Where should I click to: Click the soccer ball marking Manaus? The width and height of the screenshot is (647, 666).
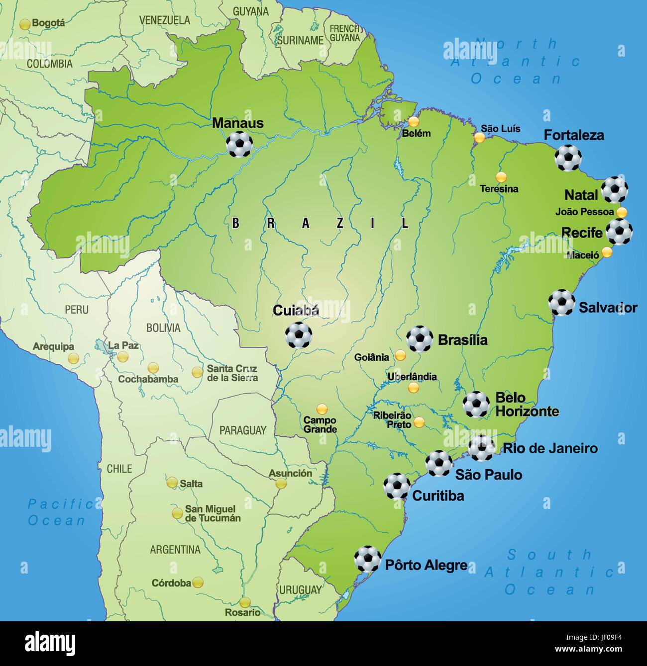(x=239, y=144)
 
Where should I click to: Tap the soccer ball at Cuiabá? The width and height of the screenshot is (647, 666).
(x=299, y=335)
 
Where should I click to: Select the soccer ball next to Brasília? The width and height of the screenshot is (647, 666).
(x=420, y=339)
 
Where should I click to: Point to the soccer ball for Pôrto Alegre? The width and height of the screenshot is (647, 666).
(x=368, y=559)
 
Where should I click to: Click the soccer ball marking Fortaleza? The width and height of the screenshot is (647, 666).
(x=568, y=158)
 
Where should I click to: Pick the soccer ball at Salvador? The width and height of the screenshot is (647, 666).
(x=562, y=303)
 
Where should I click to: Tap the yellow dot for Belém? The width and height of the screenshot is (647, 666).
(x=414, y=122)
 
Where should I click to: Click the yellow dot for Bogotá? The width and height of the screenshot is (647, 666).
(x=25, y=24)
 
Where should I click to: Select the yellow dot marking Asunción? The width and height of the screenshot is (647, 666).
(x=281, y=483)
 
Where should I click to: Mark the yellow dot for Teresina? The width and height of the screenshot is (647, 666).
(x=501, y=177)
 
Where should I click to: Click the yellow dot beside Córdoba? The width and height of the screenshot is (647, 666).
(x=198, y=582)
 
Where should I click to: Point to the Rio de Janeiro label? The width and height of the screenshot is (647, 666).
(x=550, y=448)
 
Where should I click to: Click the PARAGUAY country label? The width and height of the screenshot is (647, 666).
(x=243, y=430)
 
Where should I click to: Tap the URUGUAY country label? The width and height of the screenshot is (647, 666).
(x=300, y=590)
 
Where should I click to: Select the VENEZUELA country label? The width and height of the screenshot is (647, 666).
(x=164, y=20)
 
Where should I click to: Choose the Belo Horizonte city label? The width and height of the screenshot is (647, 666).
(x=527, y=405)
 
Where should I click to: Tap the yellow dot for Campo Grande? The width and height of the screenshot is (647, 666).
(x=322, y=410)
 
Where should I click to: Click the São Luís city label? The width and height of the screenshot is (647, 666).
(x=500, y=129)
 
